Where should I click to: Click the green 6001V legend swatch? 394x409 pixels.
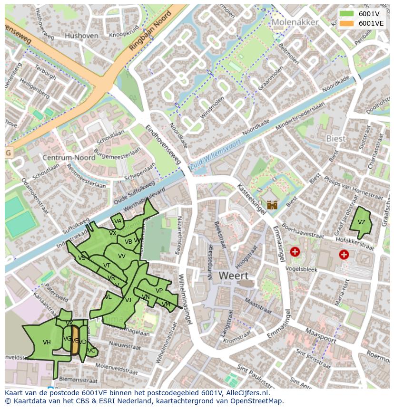[x=347, y=13]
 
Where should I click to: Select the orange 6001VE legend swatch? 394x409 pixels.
[x=347, y=23]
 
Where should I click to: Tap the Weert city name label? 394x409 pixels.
[x=233, y=276]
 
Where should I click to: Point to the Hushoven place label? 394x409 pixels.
[x=81, y=36]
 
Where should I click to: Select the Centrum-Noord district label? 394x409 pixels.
[x=69, y=157]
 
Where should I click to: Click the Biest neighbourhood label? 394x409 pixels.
[x=336, y=138]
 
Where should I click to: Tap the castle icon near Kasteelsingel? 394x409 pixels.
[x=272, y=205]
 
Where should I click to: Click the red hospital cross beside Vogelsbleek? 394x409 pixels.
[x=295, y=252]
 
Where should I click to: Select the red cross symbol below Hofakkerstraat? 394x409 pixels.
[x=344, y=255]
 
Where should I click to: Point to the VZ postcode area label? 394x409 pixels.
[x=362, y=222]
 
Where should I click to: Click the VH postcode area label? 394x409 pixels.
[x=47, y=342]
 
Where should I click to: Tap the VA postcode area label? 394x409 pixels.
[x=118, y=221]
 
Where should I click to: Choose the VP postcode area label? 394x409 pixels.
[x=159, y=291]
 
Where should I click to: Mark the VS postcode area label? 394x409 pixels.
[x=82, y=257]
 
